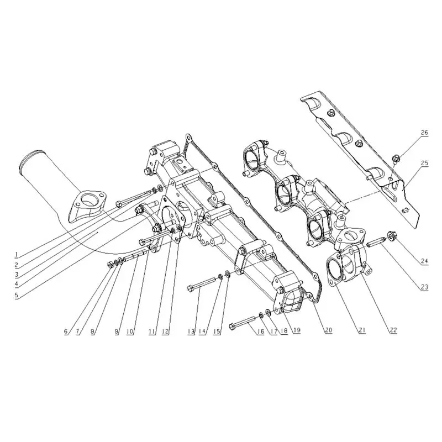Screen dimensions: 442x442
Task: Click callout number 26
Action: point(424,133)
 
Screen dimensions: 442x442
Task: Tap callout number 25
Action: point(424,163)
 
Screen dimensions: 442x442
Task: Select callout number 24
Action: point(424,261)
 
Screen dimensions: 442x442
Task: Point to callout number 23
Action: point(424,287)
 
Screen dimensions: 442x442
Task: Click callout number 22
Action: point(393,330)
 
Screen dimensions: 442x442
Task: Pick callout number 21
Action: point(362,330)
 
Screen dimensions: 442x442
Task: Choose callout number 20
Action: point(329,330)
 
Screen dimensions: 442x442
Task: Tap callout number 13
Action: point(191,331)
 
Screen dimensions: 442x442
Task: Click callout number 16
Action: point(261,331)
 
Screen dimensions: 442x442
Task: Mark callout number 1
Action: point(17,255)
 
